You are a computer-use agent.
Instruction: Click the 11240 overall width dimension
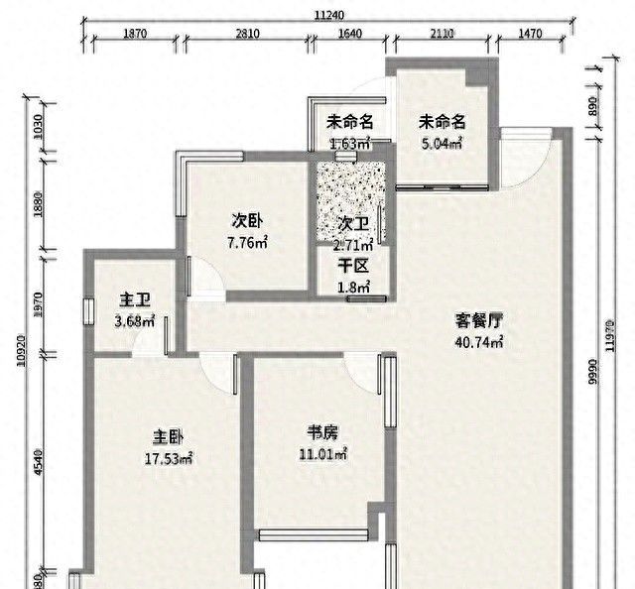point(328,14)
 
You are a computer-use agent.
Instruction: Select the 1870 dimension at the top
point(135,34)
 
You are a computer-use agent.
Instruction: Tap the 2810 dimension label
point(247,34)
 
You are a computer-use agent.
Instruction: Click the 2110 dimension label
point(442,34)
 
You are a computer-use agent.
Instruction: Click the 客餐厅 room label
point(479,321)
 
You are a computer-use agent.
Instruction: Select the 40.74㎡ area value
point(479,342)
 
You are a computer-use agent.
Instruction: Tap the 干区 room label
point(353,266)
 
